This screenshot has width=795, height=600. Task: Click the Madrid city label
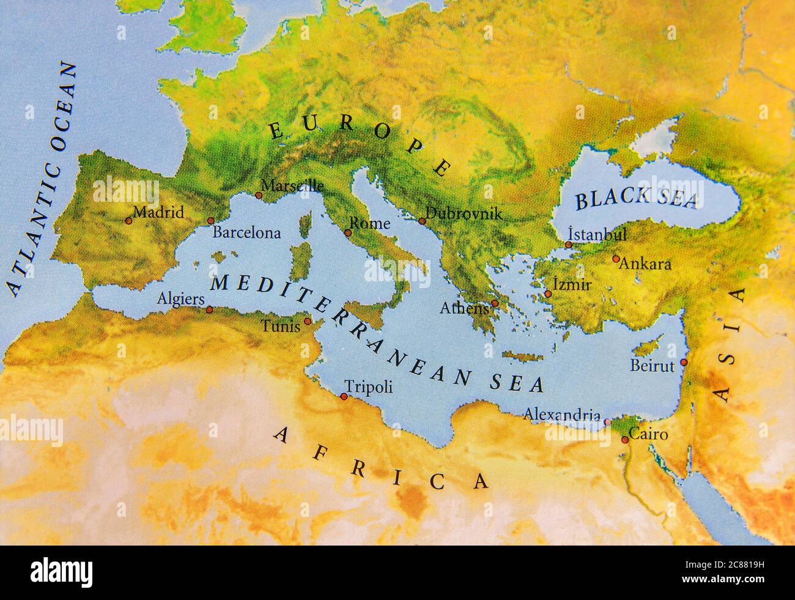(158, 213)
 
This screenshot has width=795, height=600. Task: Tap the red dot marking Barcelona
(210, 221)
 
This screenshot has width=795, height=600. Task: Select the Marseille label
(292, 185)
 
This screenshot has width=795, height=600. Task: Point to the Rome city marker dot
(348, 232)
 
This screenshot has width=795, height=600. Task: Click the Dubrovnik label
(464, 214)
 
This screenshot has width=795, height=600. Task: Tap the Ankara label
(645, 265)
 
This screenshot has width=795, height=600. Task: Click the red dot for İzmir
(548, 294)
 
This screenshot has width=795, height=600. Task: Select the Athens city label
(465, 308)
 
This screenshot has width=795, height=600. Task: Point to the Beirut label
(652, 366)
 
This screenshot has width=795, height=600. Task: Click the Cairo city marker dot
(624, 440)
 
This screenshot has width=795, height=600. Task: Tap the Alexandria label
(561, 415)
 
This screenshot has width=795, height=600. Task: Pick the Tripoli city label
(369, 387)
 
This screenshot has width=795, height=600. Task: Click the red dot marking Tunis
(308, 321)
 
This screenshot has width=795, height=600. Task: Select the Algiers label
(180, 299)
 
